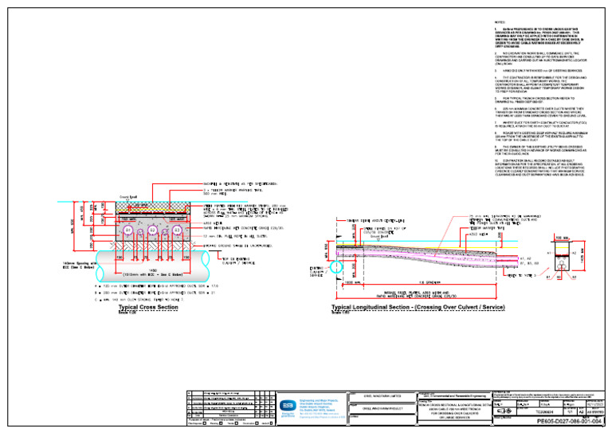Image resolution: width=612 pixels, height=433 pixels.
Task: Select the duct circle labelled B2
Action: (152, 230)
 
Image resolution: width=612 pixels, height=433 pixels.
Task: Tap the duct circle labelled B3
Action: (177, 230)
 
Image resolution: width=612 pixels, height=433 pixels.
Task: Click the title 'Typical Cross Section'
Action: (147, 307)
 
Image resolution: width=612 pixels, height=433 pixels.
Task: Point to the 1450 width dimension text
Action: (152, 270)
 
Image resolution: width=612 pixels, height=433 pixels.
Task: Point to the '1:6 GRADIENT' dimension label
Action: (430, 281)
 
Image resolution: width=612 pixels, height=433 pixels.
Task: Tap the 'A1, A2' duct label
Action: (524, 258)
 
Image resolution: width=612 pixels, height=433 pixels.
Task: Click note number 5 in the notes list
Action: (496, 98)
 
